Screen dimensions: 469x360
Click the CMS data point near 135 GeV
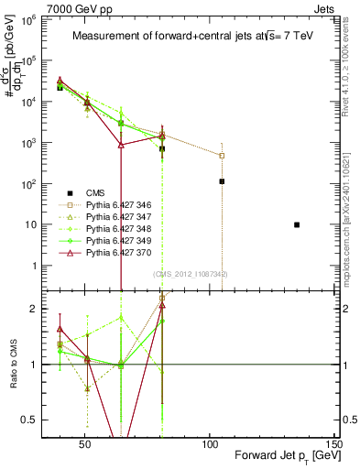(296, 224)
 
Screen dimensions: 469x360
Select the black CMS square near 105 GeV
(222, 181)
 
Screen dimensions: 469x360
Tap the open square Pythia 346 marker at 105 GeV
(222, 156)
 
